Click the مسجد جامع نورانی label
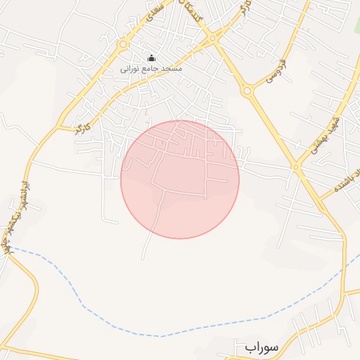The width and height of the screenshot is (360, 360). click(151, 69)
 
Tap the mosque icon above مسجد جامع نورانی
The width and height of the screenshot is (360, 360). click(151, 58)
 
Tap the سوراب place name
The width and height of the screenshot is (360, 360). click(262, 347)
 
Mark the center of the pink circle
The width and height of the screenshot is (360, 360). click(180, 179)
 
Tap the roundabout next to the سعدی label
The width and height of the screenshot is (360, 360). click(123, 44)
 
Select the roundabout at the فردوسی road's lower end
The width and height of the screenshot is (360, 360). click(247, 91)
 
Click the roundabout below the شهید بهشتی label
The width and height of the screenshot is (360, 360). click(297, 167)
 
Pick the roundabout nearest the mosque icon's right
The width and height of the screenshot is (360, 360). click(212, 39)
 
